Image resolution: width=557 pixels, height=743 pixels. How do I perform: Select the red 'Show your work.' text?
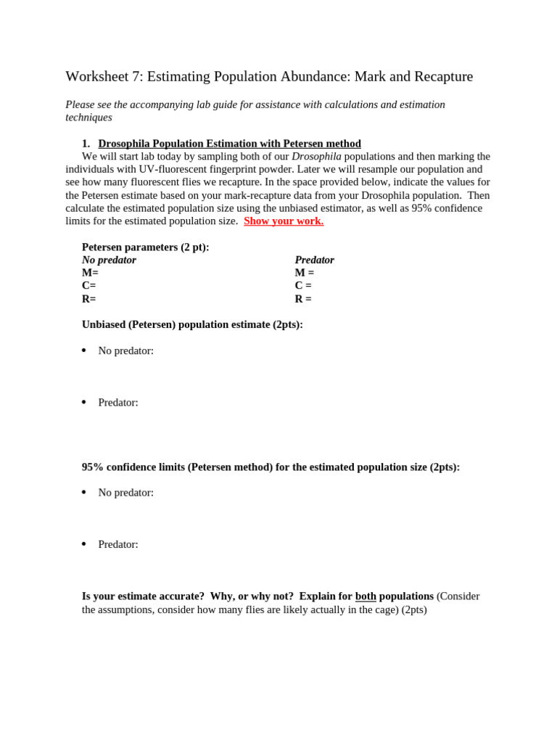point(284,221)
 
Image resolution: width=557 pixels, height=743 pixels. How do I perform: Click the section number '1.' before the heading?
point(86,144)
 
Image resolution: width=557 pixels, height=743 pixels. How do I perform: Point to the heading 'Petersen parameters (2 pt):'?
point(145,247)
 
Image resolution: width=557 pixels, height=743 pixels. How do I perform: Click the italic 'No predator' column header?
point(109,260)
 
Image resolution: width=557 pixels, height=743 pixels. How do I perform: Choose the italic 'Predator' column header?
point(314,260)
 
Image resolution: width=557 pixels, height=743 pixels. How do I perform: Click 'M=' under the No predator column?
point(90,273)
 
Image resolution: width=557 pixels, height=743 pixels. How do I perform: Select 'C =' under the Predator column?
point(303,286)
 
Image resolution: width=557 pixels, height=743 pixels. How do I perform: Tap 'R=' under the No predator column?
point(88,299)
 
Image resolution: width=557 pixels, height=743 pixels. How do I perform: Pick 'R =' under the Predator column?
point(303,299)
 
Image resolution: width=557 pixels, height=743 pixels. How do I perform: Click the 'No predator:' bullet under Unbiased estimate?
point(125,351)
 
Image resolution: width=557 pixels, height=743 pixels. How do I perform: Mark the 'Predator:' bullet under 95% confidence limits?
point(118,545)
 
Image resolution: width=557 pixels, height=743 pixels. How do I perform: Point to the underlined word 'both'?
point(366,596)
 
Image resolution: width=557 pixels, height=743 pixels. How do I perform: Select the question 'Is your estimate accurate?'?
point(143,596)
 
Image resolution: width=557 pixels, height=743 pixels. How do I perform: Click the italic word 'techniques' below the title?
point(88,118)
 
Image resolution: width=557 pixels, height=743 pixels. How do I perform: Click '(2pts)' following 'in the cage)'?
point(414,609)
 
